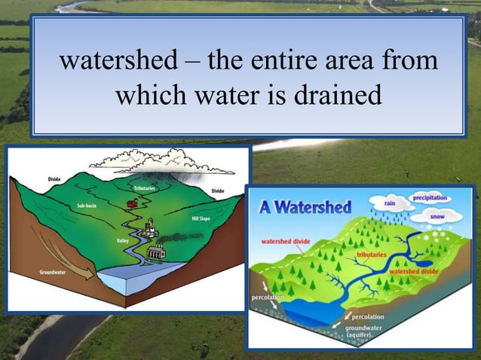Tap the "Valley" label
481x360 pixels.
(x=123, y=240)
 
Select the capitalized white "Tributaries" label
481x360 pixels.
(x=145, y=186)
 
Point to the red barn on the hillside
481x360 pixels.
(x=133, y=202)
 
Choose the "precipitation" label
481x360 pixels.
(x=429, y=197)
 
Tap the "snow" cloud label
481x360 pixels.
(x=437, y=216)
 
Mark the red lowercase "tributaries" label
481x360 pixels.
(x=371, y=255)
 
